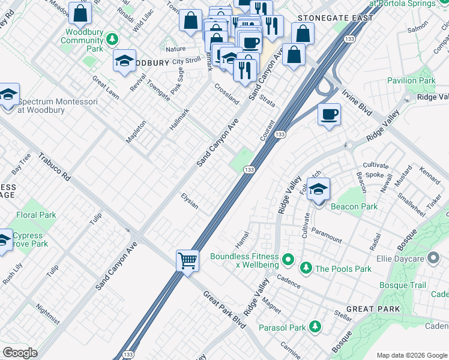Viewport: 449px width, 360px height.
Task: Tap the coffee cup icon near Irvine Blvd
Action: click(328, 114)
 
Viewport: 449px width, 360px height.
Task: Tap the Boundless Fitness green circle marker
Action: click(288, 260)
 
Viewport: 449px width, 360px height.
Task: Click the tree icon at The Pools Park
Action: click(306, 268)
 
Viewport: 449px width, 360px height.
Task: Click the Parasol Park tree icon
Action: click(315, 327)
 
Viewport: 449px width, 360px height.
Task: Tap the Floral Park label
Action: click(37, 215)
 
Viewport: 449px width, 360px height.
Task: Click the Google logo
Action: click(20, 353)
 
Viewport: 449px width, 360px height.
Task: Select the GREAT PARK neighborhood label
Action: click(373, 309)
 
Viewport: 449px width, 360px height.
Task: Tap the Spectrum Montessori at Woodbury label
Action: click(57, 106)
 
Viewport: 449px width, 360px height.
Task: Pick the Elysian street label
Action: click(190, 202)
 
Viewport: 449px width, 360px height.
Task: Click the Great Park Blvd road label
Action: click(224, 309)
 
